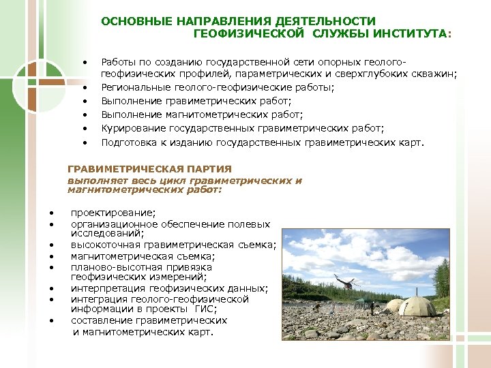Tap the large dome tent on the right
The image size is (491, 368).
coord(417,307)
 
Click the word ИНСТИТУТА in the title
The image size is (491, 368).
coord(408,32)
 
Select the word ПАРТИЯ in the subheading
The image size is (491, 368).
coord(211,168)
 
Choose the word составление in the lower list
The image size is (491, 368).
coord(101,320)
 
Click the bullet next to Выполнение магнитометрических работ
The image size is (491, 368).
coord(85,115)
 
